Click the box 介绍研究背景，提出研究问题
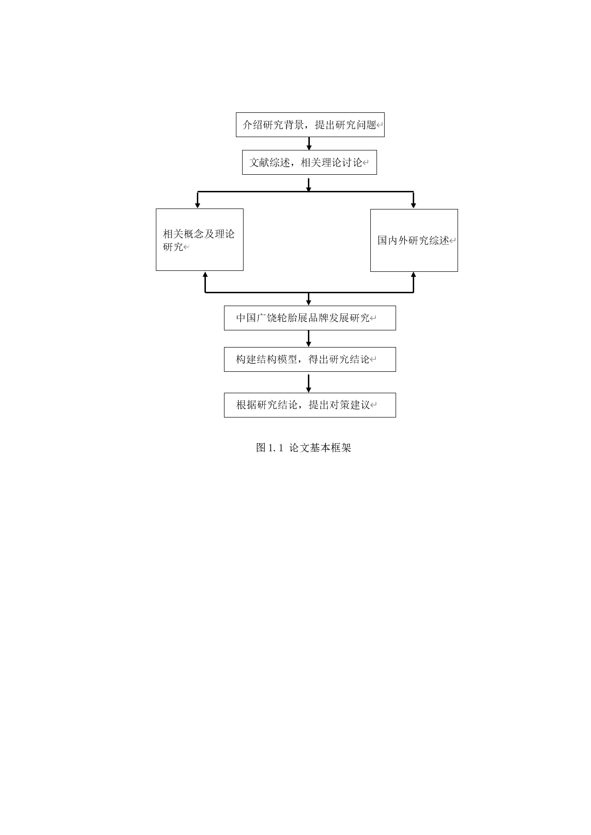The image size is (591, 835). pos(310,125)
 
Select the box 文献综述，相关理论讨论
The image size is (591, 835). pos(309,162)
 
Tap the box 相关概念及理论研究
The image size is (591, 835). pos(199,240)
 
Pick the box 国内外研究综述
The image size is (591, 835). pos(414,240)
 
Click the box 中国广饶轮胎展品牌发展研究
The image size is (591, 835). pos(310,318)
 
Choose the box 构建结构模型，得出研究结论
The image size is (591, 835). pos(310,359)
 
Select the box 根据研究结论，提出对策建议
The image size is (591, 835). pos(310,405)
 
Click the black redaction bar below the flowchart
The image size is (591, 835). pos(307,442)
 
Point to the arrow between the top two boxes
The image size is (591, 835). pos(309,143)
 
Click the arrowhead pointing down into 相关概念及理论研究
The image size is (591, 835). pos(198,205)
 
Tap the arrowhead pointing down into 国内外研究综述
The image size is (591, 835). pos(413,205)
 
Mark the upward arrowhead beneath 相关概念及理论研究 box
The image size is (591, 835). pos(205,275)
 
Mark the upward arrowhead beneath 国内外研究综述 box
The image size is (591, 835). pos(413,275)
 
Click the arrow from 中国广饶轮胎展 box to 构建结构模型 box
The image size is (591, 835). pos(309,338)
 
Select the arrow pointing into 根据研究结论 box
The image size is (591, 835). pos(309,383)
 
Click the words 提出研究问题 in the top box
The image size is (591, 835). pos(346,125)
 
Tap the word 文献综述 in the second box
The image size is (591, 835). pos(270,162)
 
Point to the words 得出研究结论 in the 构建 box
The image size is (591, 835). pos(339,359)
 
